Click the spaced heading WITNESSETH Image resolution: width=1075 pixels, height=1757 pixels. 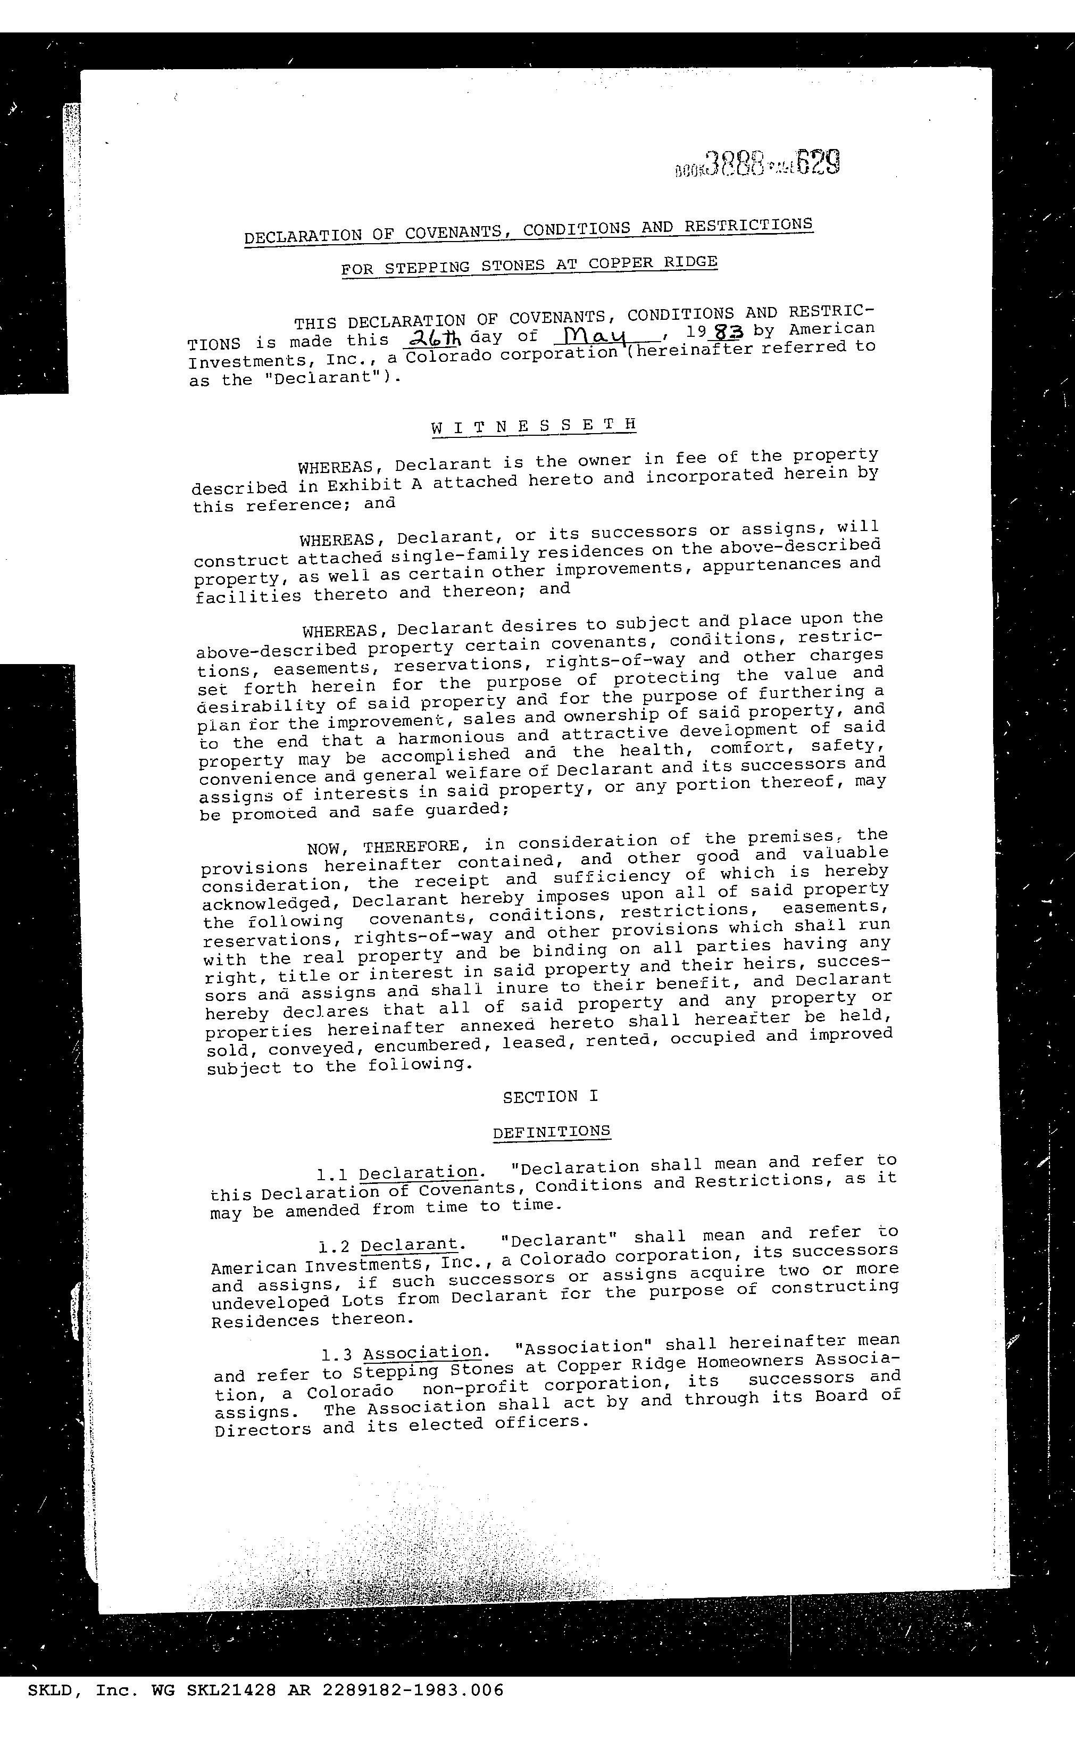(533, 426)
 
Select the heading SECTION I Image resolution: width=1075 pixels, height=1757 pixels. (551, 1096)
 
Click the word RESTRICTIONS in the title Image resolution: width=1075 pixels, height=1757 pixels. (748, 225)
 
